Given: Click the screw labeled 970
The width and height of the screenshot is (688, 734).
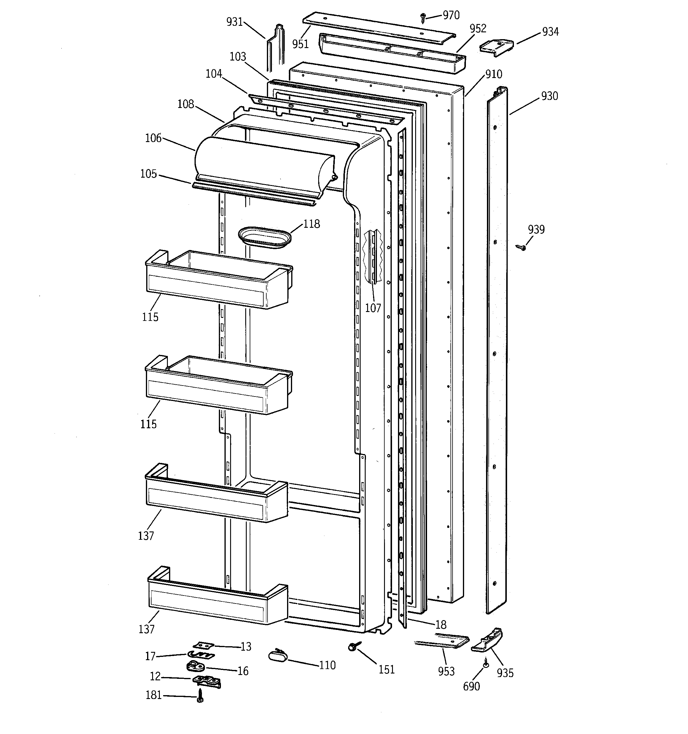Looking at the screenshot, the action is pyautogui.click(x=423, y=17).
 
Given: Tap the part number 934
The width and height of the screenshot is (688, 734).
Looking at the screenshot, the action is pyautogui.click(x=550, y=32).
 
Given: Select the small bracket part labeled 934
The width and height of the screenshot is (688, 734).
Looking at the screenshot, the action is pyautogui.click(x=497, y=48).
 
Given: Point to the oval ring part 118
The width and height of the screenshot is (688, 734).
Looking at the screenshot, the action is pyautogui.click(x=265, y=238).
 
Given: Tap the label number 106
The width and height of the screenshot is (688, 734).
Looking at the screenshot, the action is pyautogui.click(x=153, y=138).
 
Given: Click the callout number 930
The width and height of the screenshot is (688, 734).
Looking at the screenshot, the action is pyautogui.click(x=550, y=96).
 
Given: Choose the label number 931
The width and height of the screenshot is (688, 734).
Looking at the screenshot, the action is pyautogui.click(x=235, y=22).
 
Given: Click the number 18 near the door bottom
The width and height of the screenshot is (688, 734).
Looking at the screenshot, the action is pyautogui.click(x=441, y=624).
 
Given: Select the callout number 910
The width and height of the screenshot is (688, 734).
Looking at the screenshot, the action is pyautogui.click(x=494, y=74).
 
